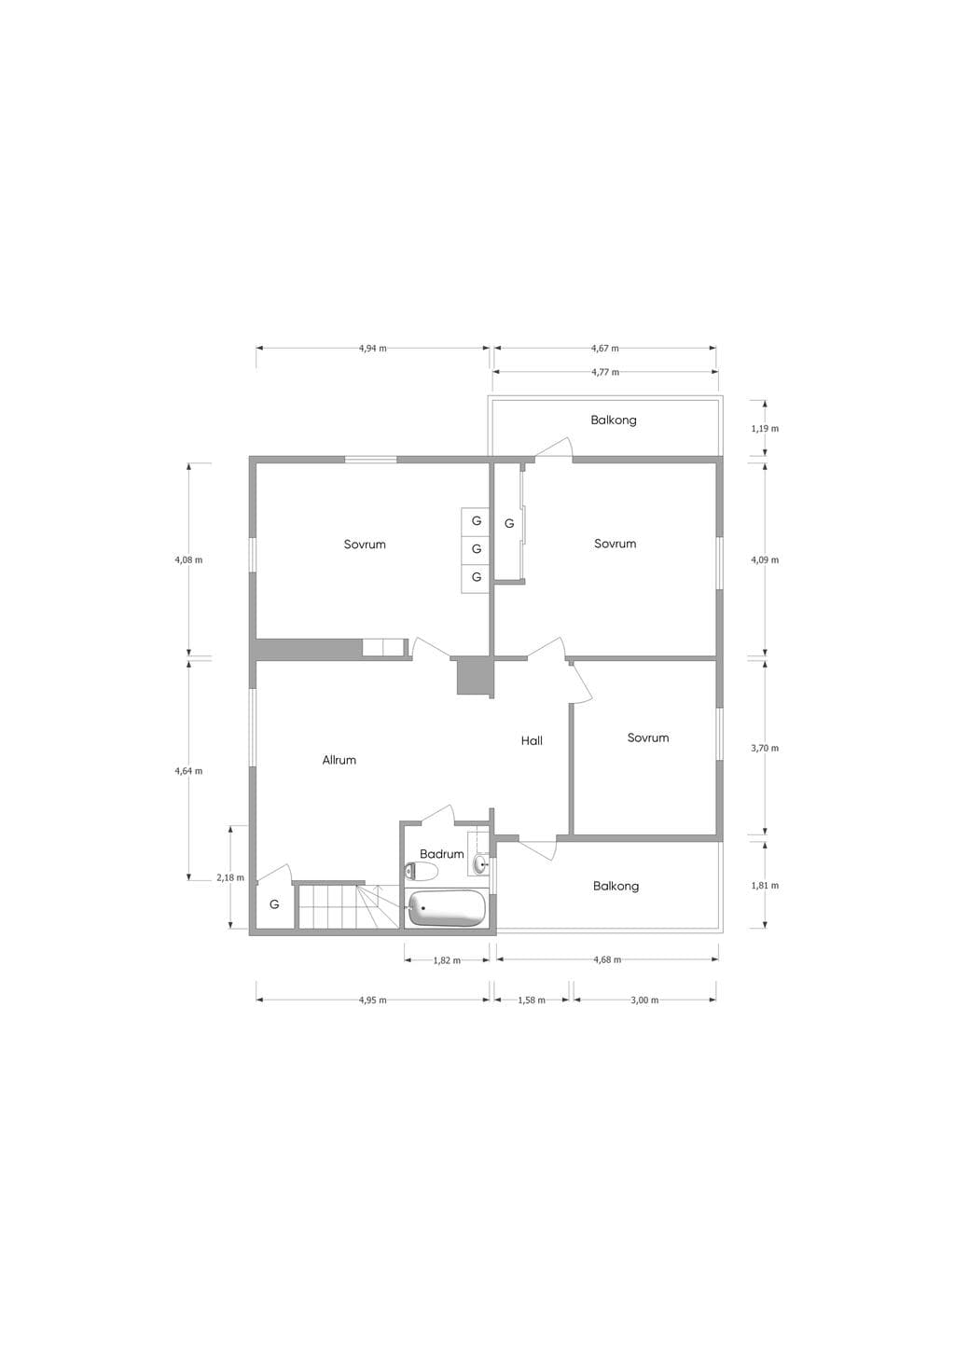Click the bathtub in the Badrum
pyautogui.click(x=447, y=908)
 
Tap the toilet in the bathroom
pyautogui.click(x=421, y=871)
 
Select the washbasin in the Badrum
pyautogui.click(x=481, y=864)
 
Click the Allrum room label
pyautogui.click(x=339, y=760)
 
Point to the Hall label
pyautogui.click(x=532, y=740)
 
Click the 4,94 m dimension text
pyautogui.click(x=373, y=348)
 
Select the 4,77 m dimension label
pyautogui.click(x=605, y=372)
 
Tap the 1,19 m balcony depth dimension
pyautogui.click(x=765, y=429)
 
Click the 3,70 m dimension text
pyautogui.click(x=765, y=748)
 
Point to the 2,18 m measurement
pyautogui.click(x=230, y=877)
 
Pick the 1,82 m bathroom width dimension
pyautogui.click(x=447, y=960)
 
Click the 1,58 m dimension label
pyautogui.click(x=532, y=1000)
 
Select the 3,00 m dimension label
pyautogui.click(x=644, y=1000)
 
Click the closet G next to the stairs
pyautogui.click(x=274, y=904)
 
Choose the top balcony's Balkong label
pyautogui.click(x=614, y=420)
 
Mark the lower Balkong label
pyautogui.click(x=616, y=886)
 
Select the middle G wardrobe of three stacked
pyautogui.click(x=476, y=549)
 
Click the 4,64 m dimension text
pyautogui.click(x=188, y=771)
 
